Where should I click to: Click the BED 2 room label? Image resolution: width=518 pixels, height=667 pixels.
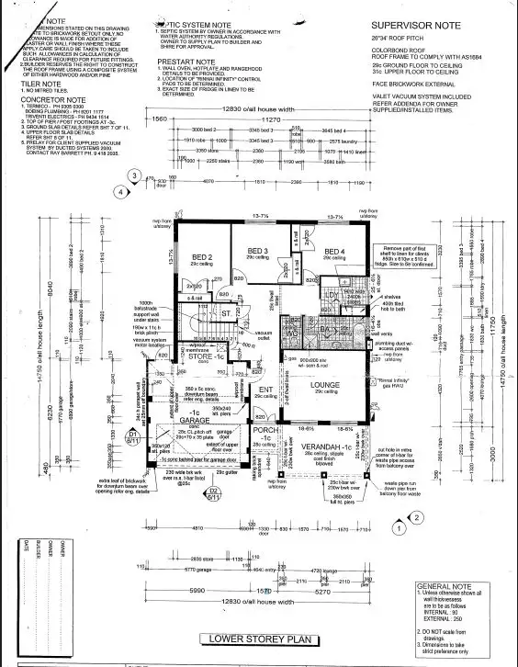click(x=202, y=256)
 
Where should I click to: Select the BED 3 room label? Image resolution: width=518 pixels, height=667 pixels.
click(x=259, y=250)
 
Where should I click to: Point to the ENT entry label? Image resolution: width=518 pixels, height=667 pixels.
click(x=265, y=390)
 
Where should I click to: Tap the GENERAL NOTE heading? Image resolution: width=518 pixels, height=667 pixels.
click(x=444, y=585)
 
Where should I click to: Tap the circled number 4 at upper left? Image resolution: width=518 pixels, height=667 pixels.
click(x=119, y=192)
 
